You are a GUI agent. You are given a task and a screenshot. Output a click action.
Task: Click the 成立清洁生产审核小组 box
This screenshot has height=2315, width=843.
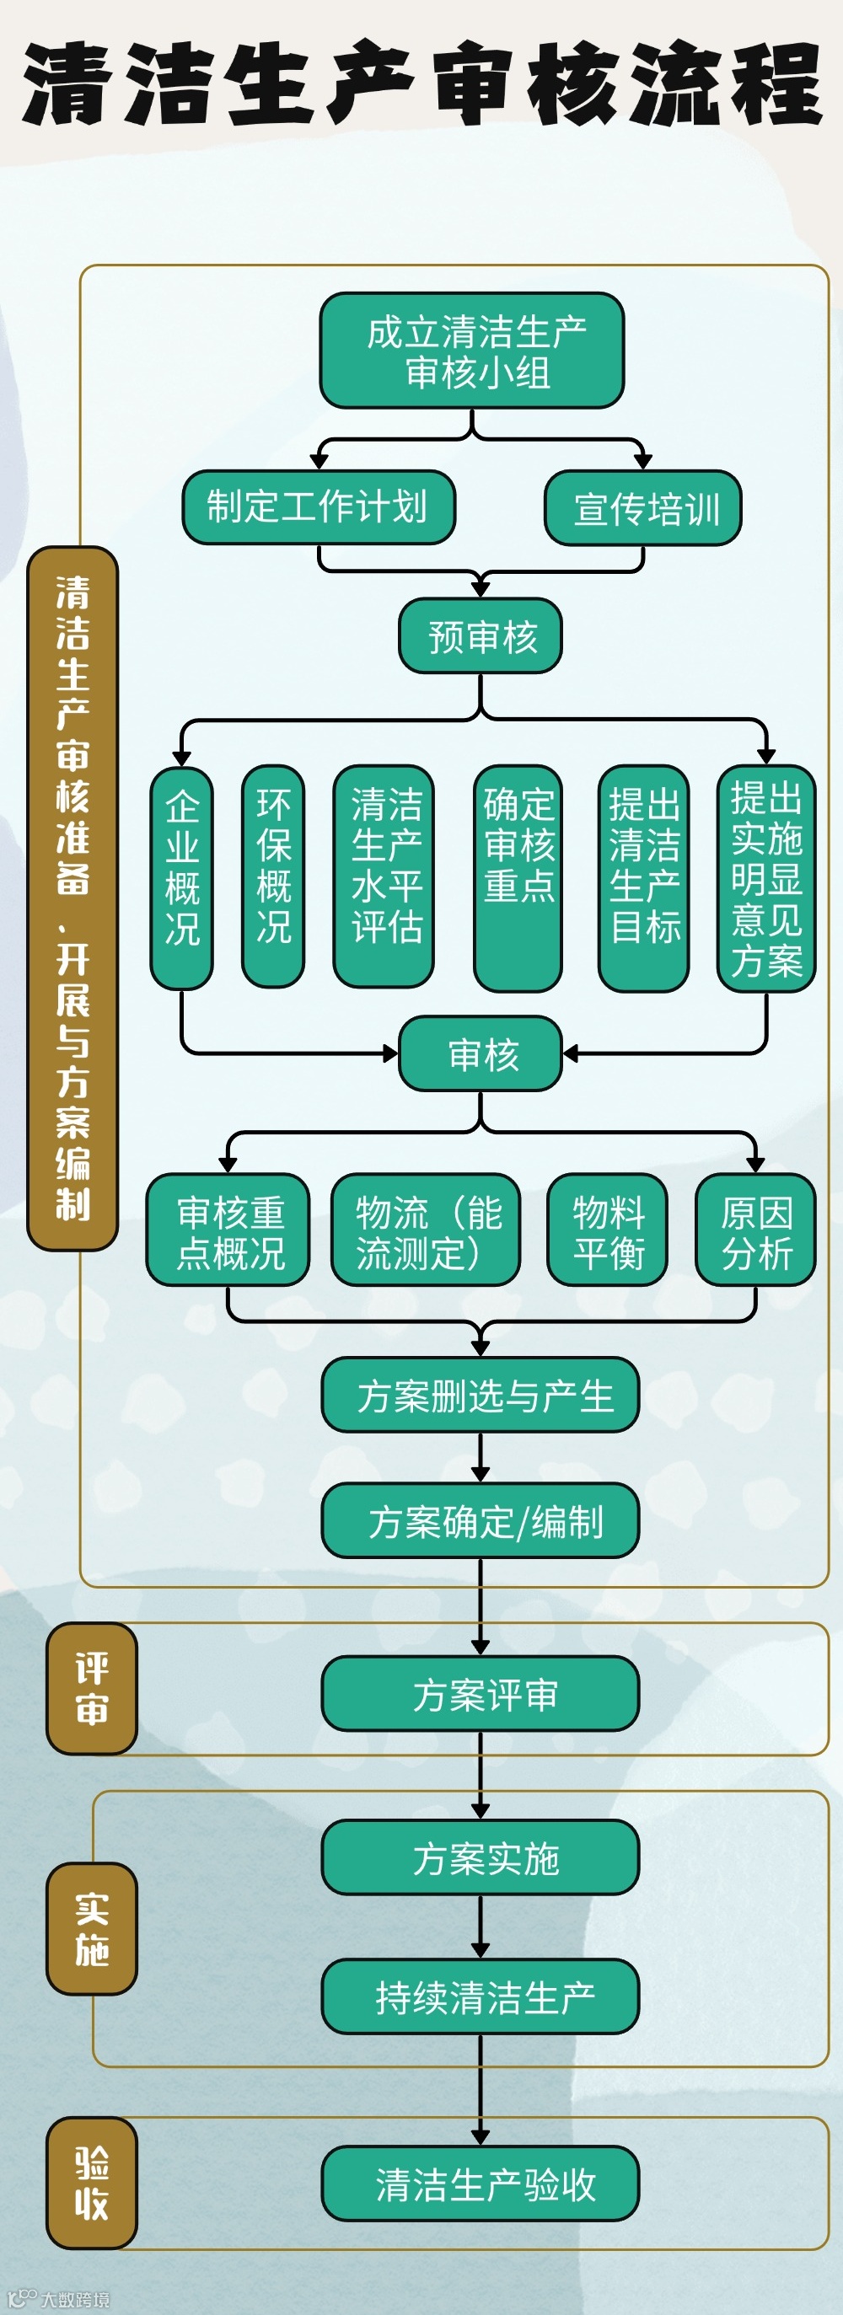pos(472,351)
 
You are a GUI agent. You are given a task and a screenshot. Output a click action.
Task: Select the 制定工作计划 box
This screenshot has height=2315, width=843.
pos(318,506)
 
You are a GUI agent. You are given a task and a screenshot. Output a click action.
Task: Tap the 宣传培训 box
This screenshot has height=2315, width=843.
pos(642,508)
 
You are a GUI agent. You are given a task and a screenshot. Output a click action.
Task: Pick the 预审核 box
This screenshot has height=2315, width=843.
pos(480,636)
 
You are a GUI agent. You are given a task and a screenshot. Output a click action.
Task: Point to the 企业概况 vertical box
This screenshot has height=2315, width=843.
pos(181,877)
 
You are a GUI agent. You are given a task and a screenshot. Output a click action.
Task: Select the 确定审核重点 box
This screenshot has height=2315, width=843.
pos(518,877)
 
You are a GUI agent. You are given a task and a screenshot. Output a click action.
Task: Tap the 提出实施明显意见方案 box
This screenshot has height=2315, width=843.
pos(765,877)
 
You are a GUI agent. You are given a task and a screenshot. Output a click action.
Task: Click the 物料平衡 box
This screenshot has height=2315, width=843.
pos(608,1230)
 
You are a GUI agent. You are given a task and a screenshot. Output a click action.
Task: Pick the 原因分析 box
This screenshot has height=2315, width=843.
pos(755,1230)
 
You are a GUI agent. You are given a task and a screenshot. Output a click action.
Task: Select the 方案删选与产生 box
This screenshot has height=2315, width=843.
pos(480,1395)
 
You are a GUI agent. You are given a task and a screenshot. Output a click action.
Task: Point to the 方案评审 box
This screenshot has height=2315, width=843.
pos(480,1694)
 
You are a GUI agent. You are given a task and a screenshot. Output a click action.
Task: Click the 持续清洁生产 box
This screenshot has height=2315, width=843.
pos(480,1997)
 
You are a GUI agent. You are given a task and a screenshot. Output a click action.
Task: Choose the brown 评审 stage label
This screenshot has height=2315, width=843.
pos(92,1689)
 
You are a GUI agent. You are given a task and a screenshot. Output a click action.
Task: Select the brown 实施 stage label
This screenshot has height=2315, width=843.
pos(92,1928)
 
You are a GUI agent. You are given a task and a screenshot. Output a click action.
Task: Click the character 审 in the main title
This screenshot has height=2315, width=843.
pos(474,83)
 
